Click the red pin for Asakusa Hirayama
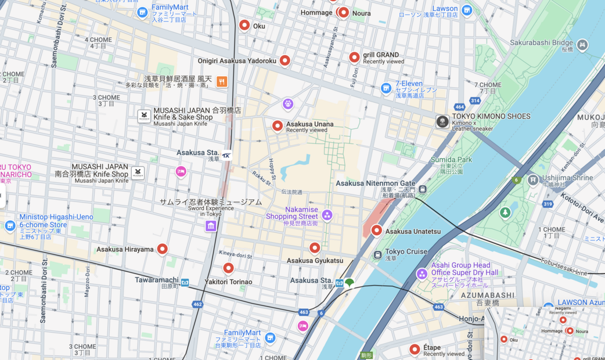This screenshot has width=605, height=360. pos(163,249)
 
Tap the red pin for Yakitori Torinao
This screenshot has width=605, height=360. pos(229,268)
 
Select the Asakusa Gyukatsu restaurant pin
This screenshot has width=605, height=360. pos(315,248)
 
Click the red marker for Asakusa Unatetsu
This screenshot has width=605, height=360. pos(376,231)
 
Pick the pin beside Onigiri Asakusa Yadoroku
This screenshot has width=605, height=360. pos(285,60)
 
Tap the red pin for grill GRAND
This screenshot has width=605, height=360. pos(354,57)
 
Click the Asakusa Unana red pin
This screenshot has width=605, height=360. pos(278,125)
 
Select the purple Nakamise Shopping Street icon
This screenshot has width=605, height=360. pos(327,215)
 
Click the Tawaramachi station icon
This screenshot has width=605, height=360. pos(185,283)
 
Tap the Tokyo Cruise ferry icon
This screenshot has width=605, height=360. pos(377,254)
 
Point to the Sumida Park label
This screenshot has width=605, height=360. pos(451,160)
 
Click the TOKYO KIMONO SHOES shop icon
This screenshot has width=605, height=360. pos(442,121)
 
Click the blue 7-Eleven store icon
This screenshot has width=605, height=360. pos(386,88)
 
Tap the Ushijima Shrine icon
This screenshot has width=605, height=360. pos(533,180)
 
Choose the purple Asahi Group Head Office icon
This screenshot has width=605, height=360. pos(422,273)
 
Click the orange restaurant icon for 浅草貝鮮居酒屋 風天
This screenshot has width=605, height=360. pos(222,81)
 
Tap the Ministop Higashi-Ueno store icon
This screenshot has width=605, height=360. pos(10,225)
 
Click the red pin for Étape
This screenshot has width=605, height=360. pos(415,350)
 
